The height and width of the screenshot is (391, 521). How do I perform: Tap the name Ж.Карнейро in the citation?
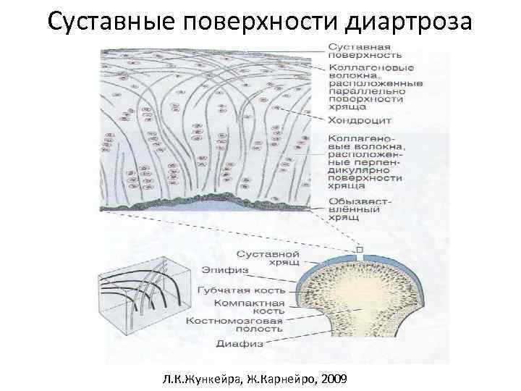[x=278, y=378]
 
